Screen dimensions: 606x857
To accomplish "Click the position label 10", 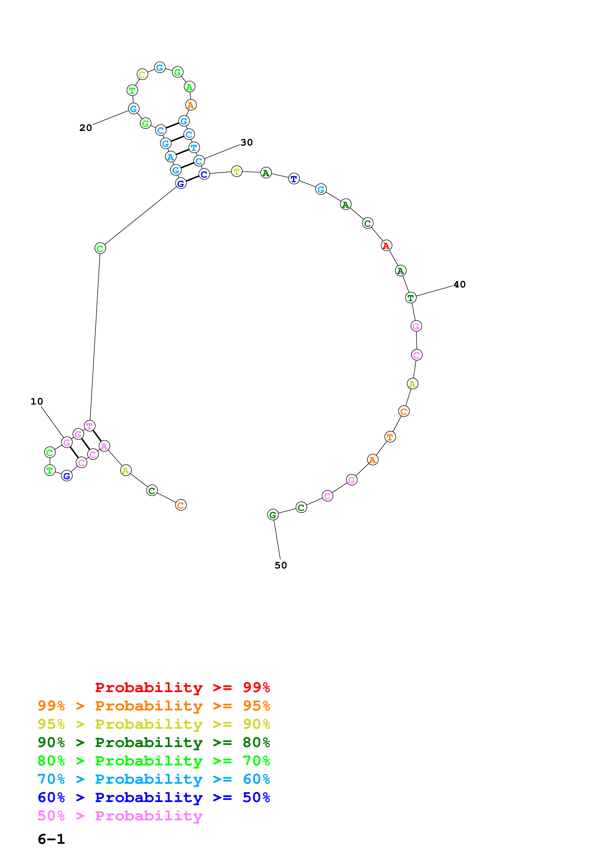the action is pyautogui.click(x=37, y=401).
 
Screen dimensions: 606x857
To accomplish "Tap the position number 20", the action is pyautogui.click(x=86, y=128).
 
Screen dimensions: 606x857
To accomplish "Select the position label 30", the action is pyautogui.click(x=246, y=142).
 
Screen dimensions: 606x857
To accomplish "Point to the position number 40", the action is pyautogui.click(x=459, y=284).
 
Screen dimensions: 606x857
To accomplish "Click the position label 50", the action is pyautogui.click(x=281, y=566).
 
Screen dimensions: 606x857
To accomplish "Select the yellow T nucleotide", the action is pyautogui.click(x=237, y=171).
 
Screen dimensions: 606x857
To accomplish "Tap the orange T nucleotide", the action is pyautogui.click(x=390, y=437).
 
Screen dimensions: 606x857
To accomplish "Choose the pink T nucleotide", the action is pyautogui.click(x=90, y=426).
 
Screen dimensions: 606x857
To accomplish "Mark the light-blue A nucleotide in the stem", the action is pyautogui.click(x=171, y=157).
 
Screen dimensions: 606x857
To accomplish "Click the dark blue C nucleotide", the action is pyautogui.click(x=204, y=174).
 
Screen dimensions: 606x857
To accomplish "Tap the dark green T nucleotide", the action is pyautogui.click(x=411, y=298).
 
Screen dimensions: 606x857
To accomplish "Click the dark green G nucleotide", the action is pyautogui.click(x=273, y=515).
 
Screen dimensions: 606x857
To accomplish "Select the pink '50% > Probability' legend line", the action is pyautogui.click(x=120, y=816).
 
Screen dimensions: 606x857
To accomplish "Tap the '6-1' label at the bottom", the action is pyautogui.click(x=51, y=839).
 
